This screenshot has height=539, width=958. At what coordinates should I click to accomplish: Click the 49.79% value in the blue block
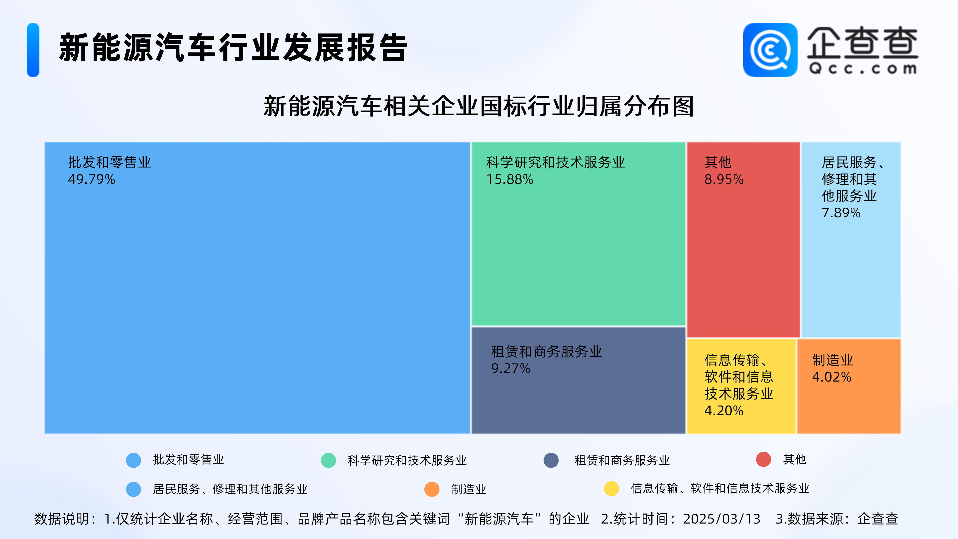(92, 179)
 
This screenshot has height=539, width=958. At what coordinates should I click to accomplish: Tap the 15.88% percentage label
(510, 179)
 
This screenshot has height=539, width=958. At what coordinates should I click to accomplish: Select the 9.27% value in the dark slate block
(511, 368)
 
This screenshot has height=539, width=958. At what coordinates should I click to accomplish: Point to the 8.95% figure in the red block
(724, 179)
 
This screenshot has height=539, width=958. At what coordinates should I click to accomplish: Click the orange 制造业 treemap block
(849, 386)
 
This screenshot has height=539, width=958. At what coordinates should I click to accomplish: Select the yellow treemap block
(741, 386)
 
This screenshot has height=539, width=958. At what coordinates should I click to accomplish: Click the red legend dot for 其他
(763, 459)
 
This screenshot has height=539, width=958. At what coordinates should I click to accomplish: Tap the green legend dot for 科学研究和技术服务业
(328, 460)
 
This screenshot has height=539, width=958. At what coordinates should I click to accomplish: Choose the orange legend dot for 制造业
(432, 489)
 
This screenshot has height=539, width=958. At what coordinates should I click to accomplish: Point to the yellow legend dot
(611, 488)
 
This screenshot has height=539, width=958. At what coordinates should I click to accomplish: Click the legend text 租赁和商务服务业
(622, 460)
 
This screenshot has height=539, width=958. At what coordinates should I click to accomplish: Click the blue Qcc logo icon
(770, 50)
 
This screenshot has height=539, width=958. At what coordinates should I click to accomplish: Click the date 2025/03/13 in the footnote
(721, 519)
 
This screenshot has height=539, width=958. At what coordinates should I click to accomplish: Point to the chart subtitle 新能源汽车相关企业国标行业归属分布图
(479, 106)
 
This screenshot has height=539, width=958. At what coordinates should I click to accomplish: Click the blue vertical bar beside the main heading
(33, 50)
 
